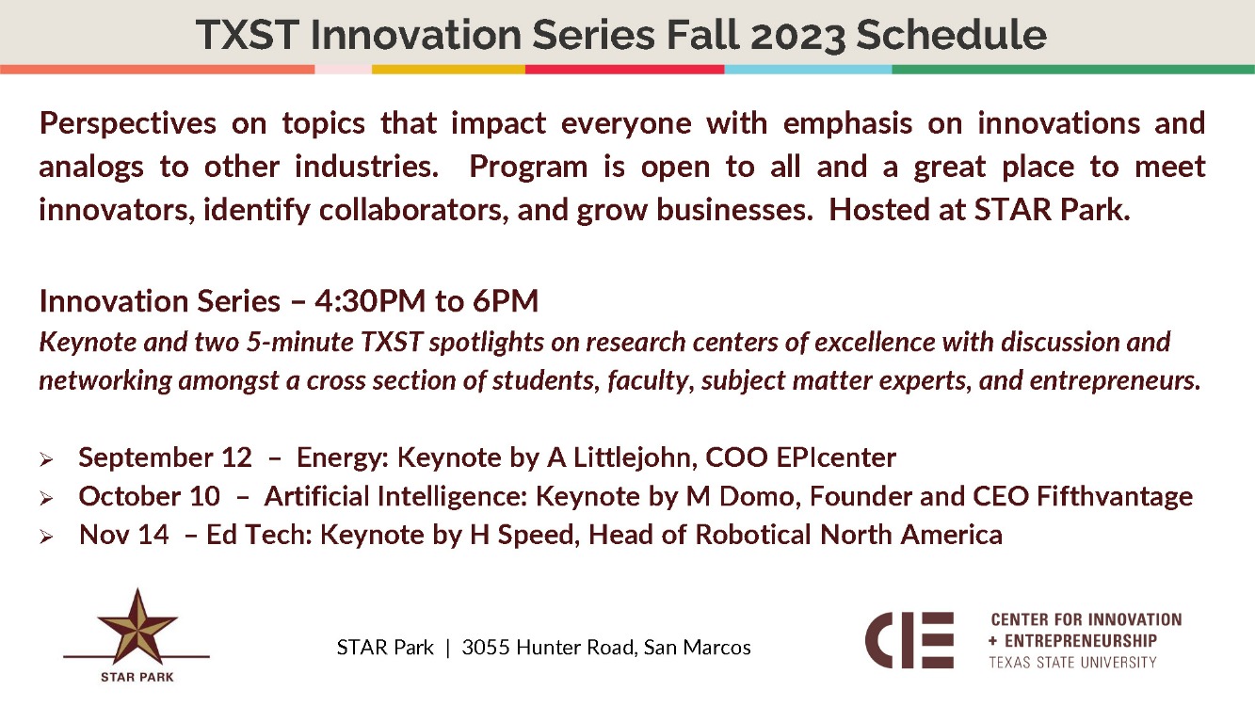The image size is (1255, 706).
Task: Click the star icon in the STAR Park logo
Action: pos(137,626)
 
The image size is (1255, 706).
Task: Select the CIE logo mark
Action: pos(909,640)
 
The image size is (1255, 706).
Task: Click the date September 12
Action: pos(165,458)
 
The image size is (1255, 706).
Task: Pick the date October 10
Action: pos(150,496)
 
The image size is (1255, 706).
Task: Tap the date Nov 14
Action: pos(124,535)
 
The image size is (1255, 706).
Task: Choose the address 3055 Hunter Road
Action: pos(545,648)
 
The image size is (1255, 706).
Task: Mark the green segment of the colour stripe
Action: pos(1072,69)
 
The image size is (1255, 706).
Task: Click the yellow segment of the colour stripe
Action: pos(448,69)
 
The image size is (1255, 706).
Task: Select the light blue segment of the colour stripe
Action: pos(807,69)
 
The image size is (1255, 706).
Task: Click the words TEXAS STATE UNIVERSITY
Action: pos(1072,663)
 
